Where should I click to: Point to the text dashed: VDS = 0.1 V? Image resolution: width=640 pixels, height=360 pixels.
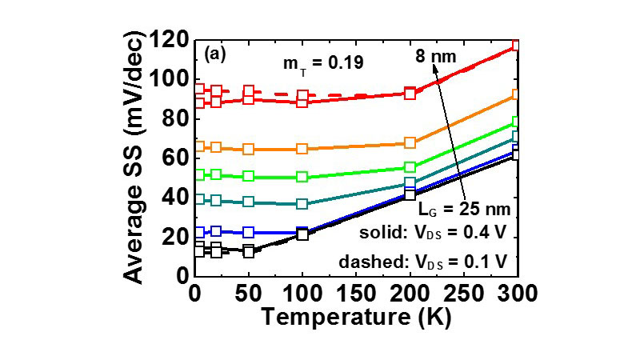[438, 261]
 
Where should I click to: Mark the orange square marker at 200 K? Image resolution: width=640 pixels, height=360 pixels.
[410, 143]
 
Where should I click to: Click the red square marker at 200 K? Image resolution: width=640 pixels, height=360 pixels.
[410, 94]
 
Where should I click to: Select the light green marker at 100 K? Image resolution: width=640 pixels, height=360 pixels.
[302, 177]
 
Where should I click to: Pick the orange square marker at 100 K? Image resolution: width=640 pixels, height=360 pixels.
[302, 149]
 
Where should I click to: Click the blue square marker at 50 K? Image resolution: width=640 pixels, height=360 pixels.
[248, 232]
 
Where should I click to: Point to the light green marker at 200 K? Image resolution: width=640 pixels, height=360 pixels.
[410, 167]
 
